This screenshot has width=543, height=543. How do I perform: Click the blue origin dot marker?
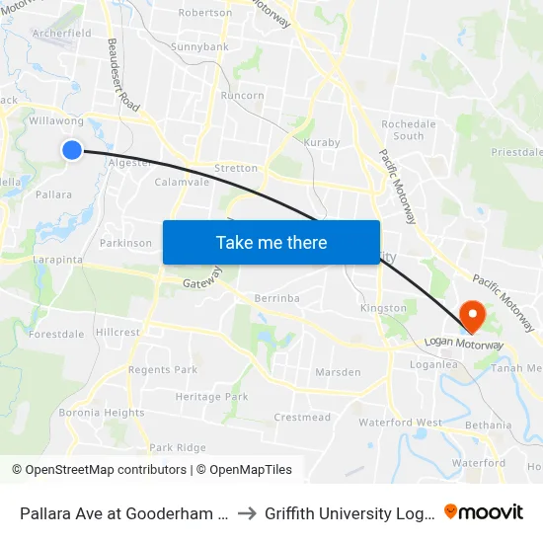pyautogui.click(x=72, y=149)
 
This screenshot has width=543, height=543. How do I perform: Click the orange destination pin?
pyautogui.click(x=473, y=316)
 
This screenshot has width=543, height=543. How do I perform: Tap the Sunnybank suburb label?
pyautogui.click(x=199, y=46)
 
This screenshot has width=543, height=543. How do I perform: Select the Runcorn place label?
pyautogui.click(x=242, y=96)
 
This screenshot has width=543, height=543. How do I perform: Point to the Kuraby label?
pyautogui.click(x=322, y=142)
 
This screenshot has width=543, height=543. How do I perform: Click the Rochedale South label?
pyautogui.click(x=402, y=129)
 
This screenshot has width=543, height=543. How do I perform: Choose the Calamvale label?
pyautogui.click(x=181, y=182)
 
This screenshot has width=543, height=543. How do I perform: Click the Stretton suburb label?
pyautogui.click(x=236, y=168)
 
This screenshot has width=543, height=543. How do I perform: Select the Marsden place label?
pyautogui.click(x=337, y=372)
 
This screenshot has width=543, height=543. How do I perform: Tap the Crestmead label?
pyautogui.click(x=302, y=418)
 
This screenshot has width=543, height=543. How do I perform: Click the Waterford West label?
pyautogui.click(x=400, y=423)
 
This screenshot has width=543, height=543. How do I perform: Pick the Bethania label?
pyautogui.click(x=489, y=426)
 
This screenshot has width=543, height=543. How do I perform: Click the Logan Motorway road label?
pyautogui.click(x=464, y=344)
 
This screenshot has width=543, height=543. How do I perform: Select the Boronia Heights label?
pyautogui.click(x=101, y=413)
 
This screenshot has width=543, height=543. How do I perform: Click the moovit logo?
pyautogui.click(x=484, y=512)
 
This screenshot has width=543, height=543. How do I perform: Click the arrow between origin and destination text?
pyautogui.click(x=247, y=512)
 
